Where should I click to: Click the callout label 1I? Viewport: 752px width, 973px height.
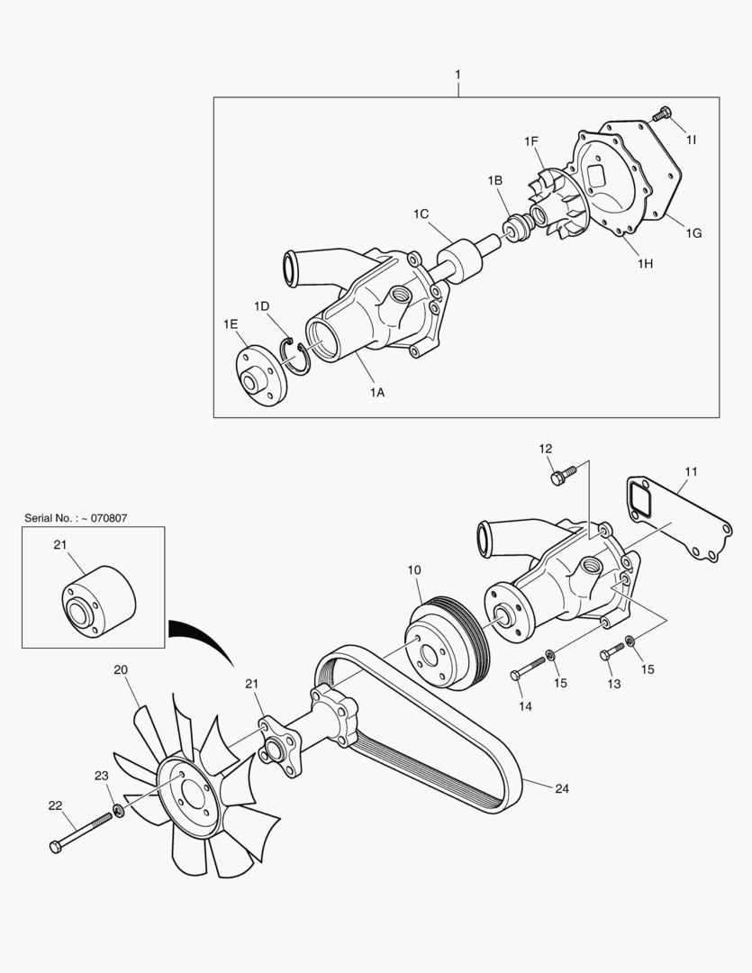point(691,140)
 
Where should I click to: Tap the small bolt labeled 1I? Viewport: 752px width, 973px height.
point(662,114)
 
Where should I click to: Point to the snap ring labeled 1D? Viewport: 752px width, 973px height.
point(295,354)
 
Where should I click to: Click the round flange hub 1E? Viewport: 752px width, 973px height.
point(259,373)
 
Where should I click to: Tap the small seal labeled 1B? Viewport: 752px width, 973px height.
point(516,229)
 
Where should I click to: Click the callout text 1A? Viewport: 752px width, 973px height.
point(376,392)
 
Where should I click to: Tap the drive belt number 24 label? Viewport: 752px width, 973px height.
point(561,788)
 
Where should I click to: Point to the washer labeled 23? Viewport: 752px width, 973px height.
point(118,812)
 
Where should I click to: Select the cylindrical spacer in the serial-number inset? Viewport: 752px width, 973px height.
point(98,604)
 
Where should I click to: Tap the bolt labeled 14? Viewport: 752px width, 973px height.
point(529,668)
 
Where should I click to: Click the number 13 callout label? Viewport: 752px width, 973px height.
point(614,685)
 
